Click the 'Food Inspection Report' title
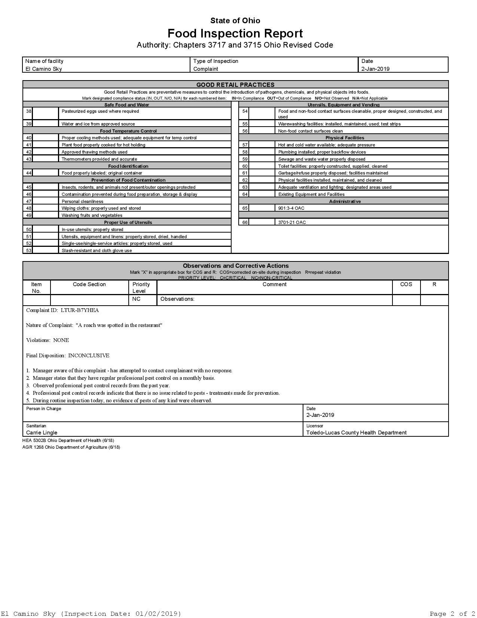[x=235, y=33]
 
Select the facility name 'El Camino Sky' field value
[x=44, y=69]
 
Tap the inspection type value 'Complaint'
[x=206, y=69]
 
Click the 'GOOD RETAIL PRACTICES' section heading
[x=235, y=85]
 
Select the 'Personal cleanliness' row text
[x=82, y=202]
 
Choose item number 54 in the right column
[x=245, y=111]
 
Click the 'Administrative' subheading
[x=345, y=202]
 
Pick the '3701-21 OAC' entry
[x=292, y=222]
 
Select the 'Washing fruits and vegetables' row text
[x=92, y=215]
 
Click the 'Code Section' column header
[x=89, y=284]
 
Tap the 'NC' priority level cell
[x=136, y=299]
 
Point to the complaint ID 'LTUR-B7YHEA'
[x=80, y=310]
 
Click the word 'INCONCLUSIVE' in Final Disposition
[x=89, y=355]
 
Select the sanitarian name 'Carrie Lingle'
[x=42, y=433]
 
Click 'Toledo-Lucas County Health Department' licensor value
[x=356, y=433]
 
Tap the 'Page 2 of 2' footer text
[x=452, y=614]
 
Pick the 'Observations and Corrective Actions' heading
[x=235, y=266]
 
